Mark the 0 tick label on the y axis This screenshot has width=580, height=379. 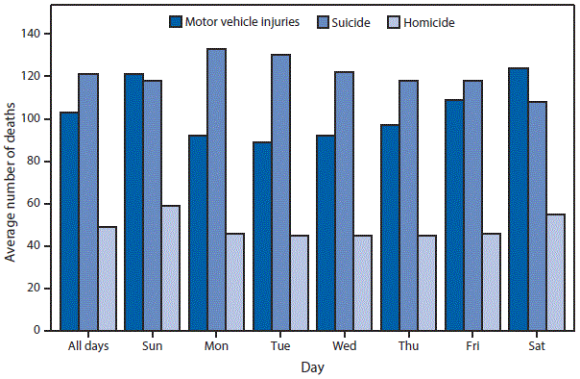pyautogui.click(x=42, y=331)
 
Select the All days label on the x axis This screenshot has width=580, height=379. pyautogui.click(x=87, y=345)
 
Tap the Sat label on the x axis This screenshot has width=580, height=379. pyautogui.click(x=534, y=345)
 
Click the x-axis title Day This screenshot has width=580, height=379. pyautogui.click(x=311, y=367)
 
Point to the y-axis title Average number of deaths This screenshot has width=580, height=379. pyautogui.click(x=12, y=183)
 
